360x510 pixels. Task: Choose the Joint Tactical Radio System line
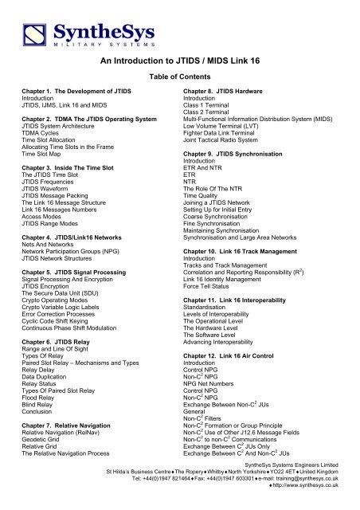tap(237, 170)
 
